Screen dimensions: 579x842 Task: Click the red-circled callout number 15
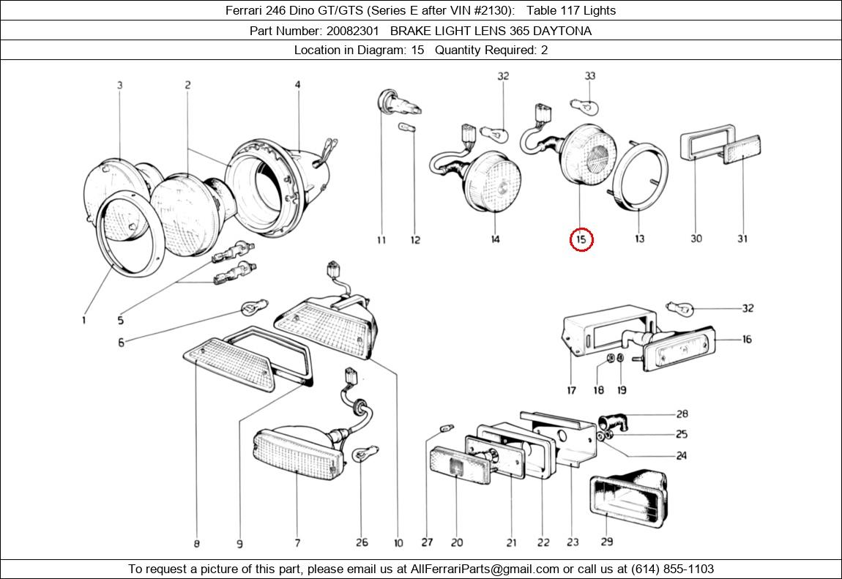point(581,239)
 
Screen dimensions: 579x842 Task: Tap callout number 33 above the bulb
point(589,76)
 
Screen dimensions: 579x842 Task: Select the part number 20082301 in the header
point(352,31)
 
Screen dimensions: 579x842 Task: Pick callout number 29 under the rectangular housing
point(606,542)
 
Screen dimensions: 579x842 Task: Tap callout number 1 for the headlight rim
point(83,320)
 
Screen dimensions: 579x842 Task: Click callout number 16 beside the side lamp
point(747,340)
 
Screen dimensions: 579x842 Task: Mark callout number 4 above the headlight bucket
point(297,85)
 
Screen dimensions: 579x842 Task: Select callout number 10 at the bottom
point(398,543)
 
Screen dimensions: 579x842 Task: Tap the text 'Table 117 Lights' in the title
point(571,10)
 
